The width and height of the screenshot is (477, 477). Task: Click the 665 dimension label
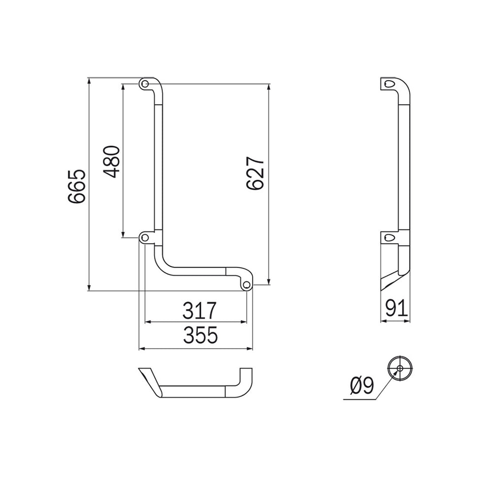[x=77, y=187]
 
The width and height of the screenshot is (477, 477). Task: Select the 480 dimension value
[x=113, y=161]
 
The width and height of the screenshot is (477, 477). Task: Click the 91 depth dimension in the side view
[x=396, y=309]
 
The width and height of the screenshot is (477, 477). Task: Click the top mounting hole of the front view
[x=145, y=84]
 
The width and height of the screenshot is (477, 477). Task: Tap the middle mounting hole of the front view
[x=145, y=238]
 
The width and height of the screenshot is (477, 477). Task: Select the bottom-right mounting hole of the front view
[x=247, y=284]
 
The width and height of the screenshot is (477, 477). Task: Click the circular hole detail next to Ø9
[x=400, y=368]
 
